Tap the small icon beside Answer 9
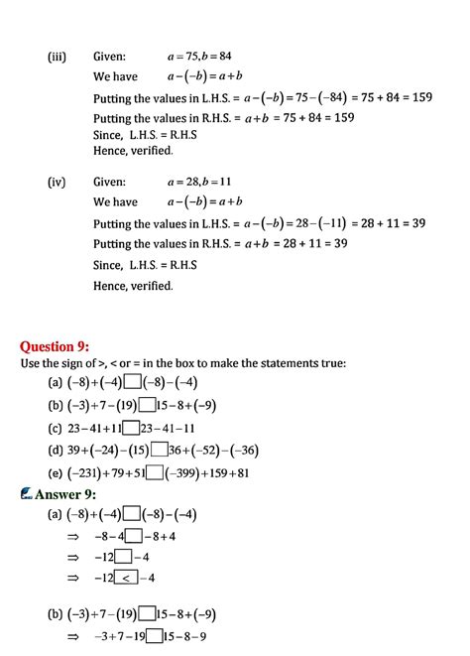point(27,494)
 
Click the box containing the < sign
point(128,578)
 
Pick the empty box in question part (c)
point(132,428)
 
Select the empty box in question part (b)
point(147,405)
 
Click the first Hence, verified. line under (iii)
point(133,151)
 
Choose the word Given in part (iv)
point(109,182)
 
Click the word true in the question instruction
point(330,363)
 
